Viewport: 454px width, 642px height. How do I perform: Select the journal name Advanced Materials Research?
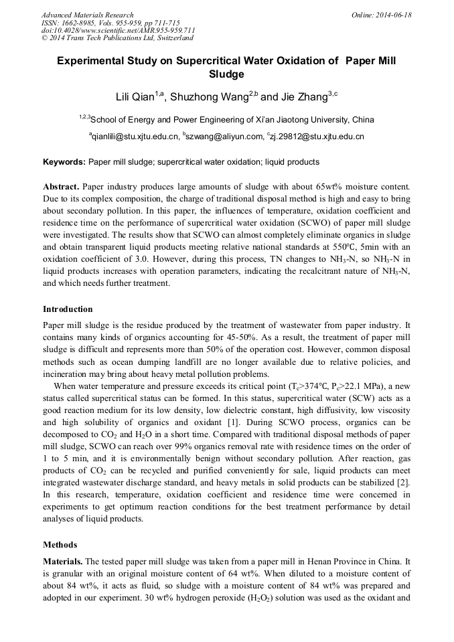87,15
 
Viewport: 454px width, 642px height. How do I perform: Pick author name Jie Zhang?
301,96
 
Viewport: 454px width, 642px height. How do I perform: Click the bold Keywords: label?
64,162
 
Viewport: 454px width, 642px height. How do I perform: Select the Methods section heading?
60,545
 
